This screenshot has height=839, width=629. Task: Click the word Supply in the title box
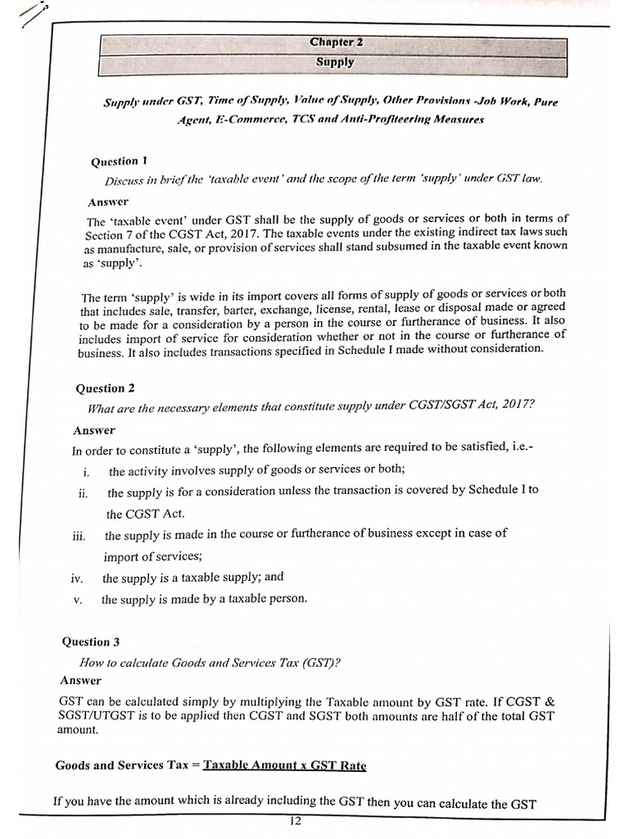[335, 62]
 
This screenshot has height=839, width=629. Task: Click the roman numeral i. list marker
[86, 472]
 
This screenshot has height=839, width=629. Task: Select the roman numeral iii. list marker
[79, 536]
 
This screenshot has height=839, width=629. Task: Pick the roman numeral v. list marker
[78, 600]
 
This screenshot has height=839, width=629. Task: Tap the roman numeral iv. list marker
[77, 578]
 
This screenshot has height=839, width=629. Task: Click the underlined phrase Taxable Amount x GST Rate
[284, 765]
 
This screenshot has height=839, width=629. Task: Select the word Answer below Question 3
[80, 681]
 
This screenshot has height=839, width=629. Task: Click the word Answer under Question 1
[107, 201]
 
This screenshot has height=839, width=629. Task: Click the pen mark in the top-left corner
[33, 15]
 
